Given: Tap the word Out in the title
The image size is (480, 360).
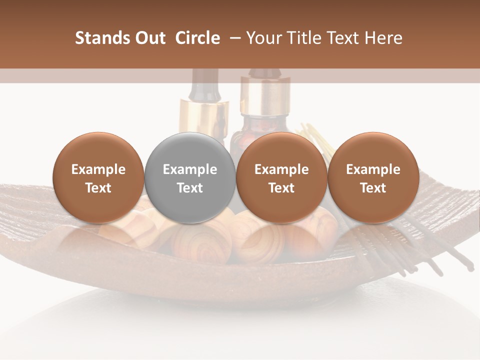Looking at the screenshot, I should (x=149, y=38).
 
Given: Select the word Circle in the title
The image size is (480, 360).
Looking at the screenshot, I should (x=197, y=38).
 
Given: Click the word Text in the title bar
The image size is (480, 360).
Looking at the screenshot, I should (x=342, y=38).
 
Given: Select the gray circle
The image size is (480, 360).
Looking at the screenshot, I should (x=189, y=177).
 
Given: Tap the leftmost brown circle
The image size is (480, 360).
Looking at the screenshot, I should (x=98, y=177).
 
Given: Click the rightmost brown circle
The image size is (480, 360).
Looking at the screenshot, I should (x=373, y=177).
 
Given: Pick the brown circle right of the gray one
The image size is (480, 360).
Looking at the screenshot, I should (x=281, y=177).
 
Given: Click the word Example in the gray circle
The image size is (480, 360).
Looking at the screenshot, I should (x=190, y=169).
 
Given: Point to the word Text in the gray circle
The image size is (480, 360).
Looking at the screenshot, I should (x=190, y=188).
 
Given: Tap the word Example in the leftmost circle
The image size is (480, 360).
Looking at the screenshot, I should (x=98, y=169).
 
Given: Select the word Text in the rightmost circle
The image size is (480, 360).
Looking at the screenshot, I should (x=373, y=188).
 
